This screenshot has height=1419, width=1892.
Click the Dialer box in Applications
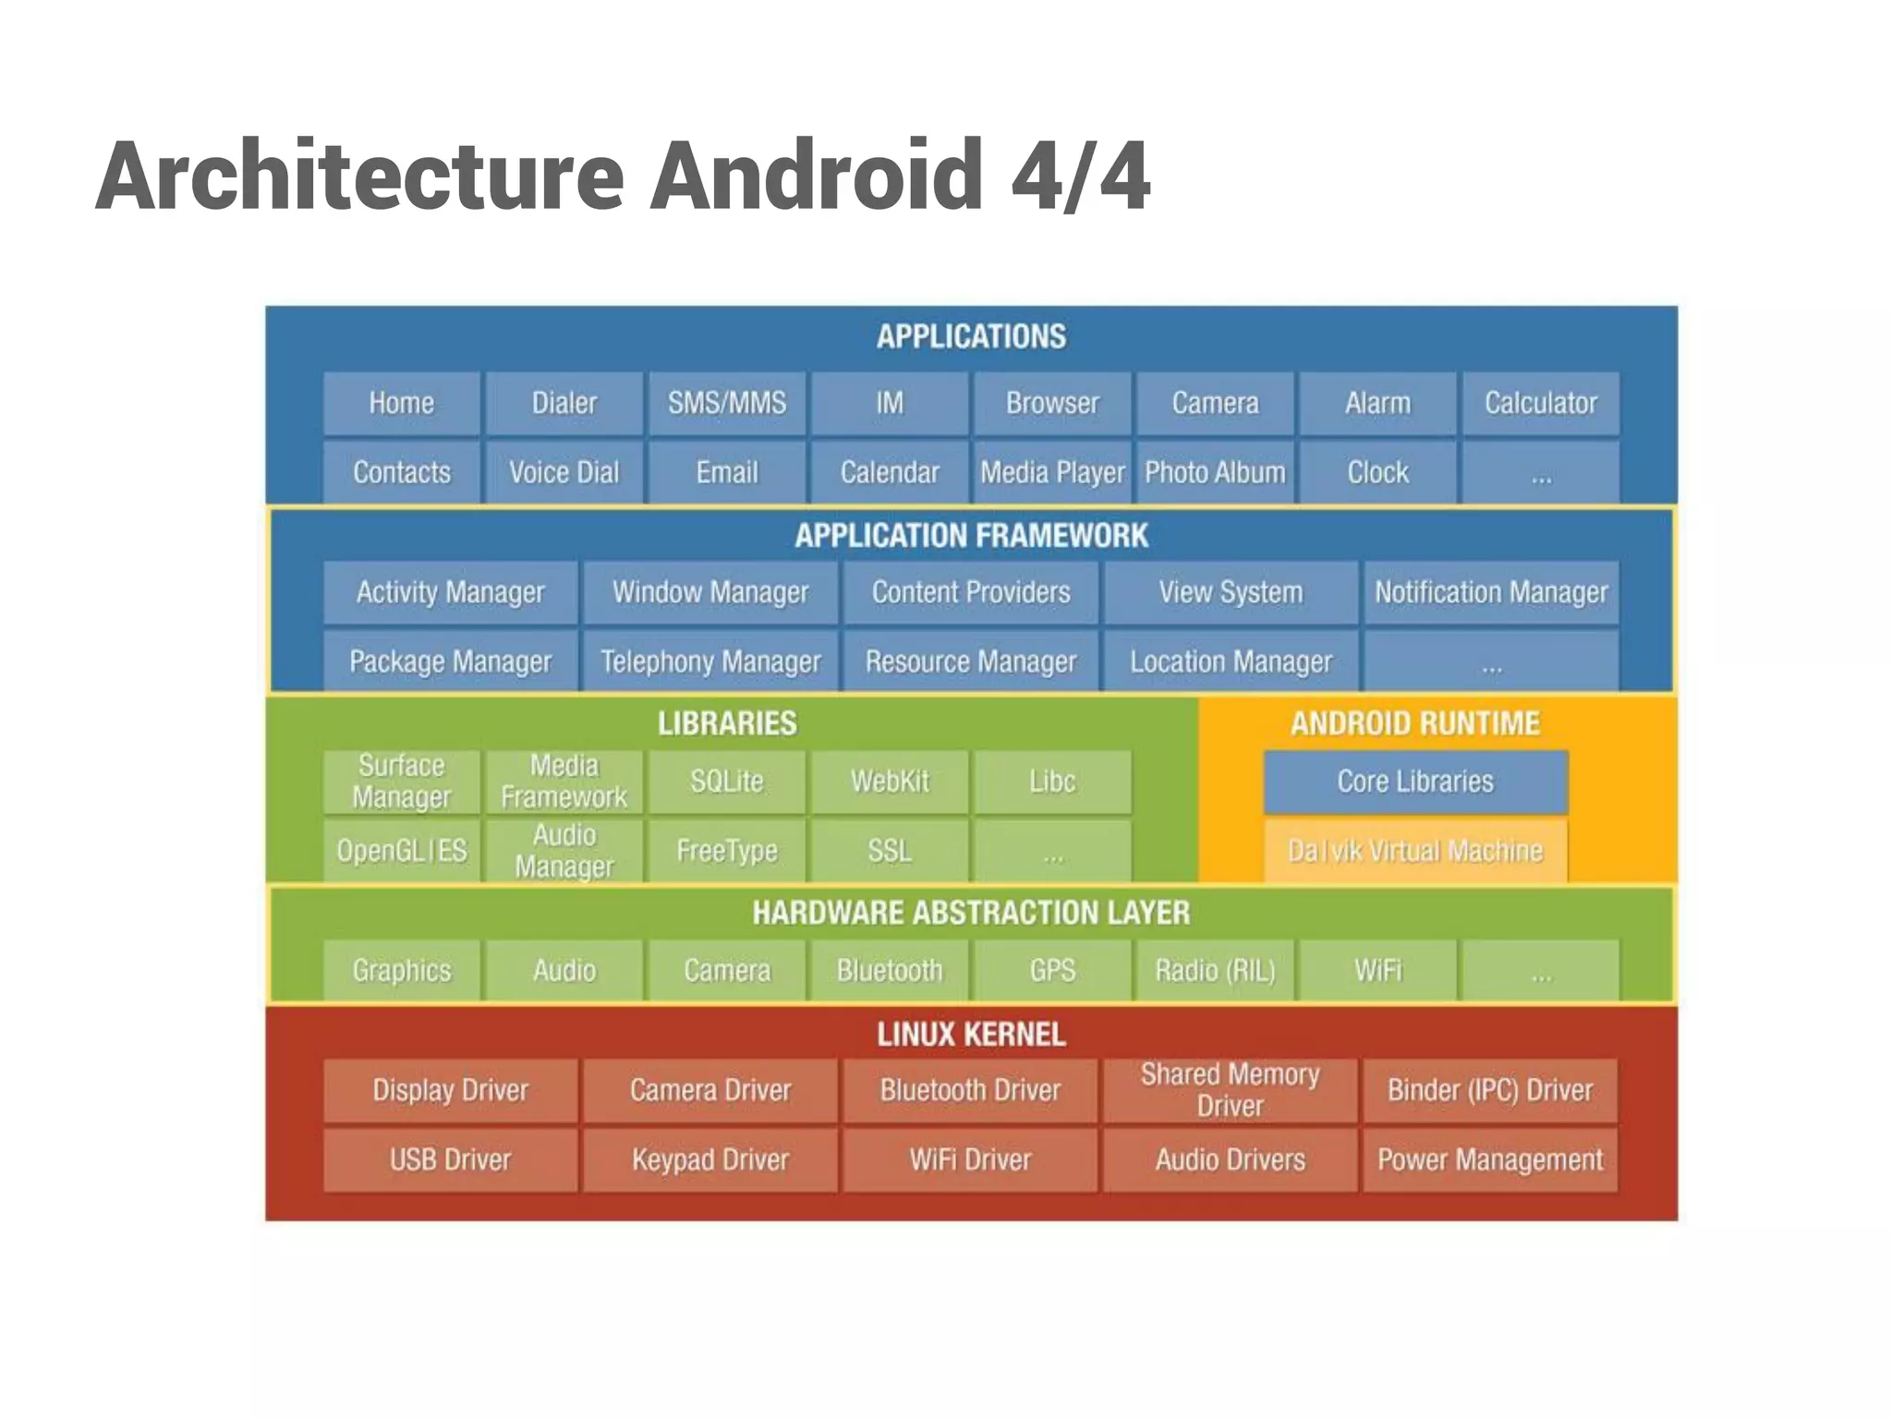coord(564,404)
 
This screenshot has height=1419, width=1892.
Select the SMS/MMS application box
coord(726,404)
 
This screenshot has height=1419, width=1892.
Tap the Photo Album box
coord(1214,473)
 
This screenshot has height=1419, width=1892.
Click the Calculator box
coord(1540,404)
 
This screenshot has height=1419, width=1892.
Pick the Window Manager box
coord(709,592)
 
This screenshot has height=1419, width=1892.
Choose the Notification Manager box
coord(1490,592)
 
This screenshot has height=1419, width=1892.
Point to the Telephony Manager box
coord(709,661)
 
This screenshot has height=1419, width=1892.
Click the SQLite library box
coord(726,782)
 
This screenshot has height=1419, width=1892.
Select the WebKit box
coord(889,782)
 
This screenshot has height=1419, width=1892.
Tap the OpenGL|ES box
coord(401,851)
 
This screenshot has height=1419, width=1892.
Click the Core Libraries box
coord(1414,782)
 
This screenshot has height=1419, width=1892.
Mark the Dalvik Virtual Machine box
coord(1414,851)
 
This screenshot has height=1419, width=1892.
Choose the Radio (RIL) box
coord(1214,971)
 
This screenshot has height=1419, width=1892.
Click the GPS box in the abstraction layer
coord(1051,971)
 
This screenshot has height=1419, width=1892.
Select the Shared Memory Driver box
coord(1230,1090)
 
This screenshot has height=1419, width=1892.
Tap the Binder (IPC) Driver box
coord(1489,1090)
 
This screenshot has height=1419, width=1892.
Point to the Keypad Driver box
coord(709,1159)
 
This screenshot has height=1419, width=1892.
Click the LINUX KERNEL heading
coord(971,1035)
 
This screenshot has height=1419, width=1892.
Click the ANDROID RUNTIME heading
coord(1414,723)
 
